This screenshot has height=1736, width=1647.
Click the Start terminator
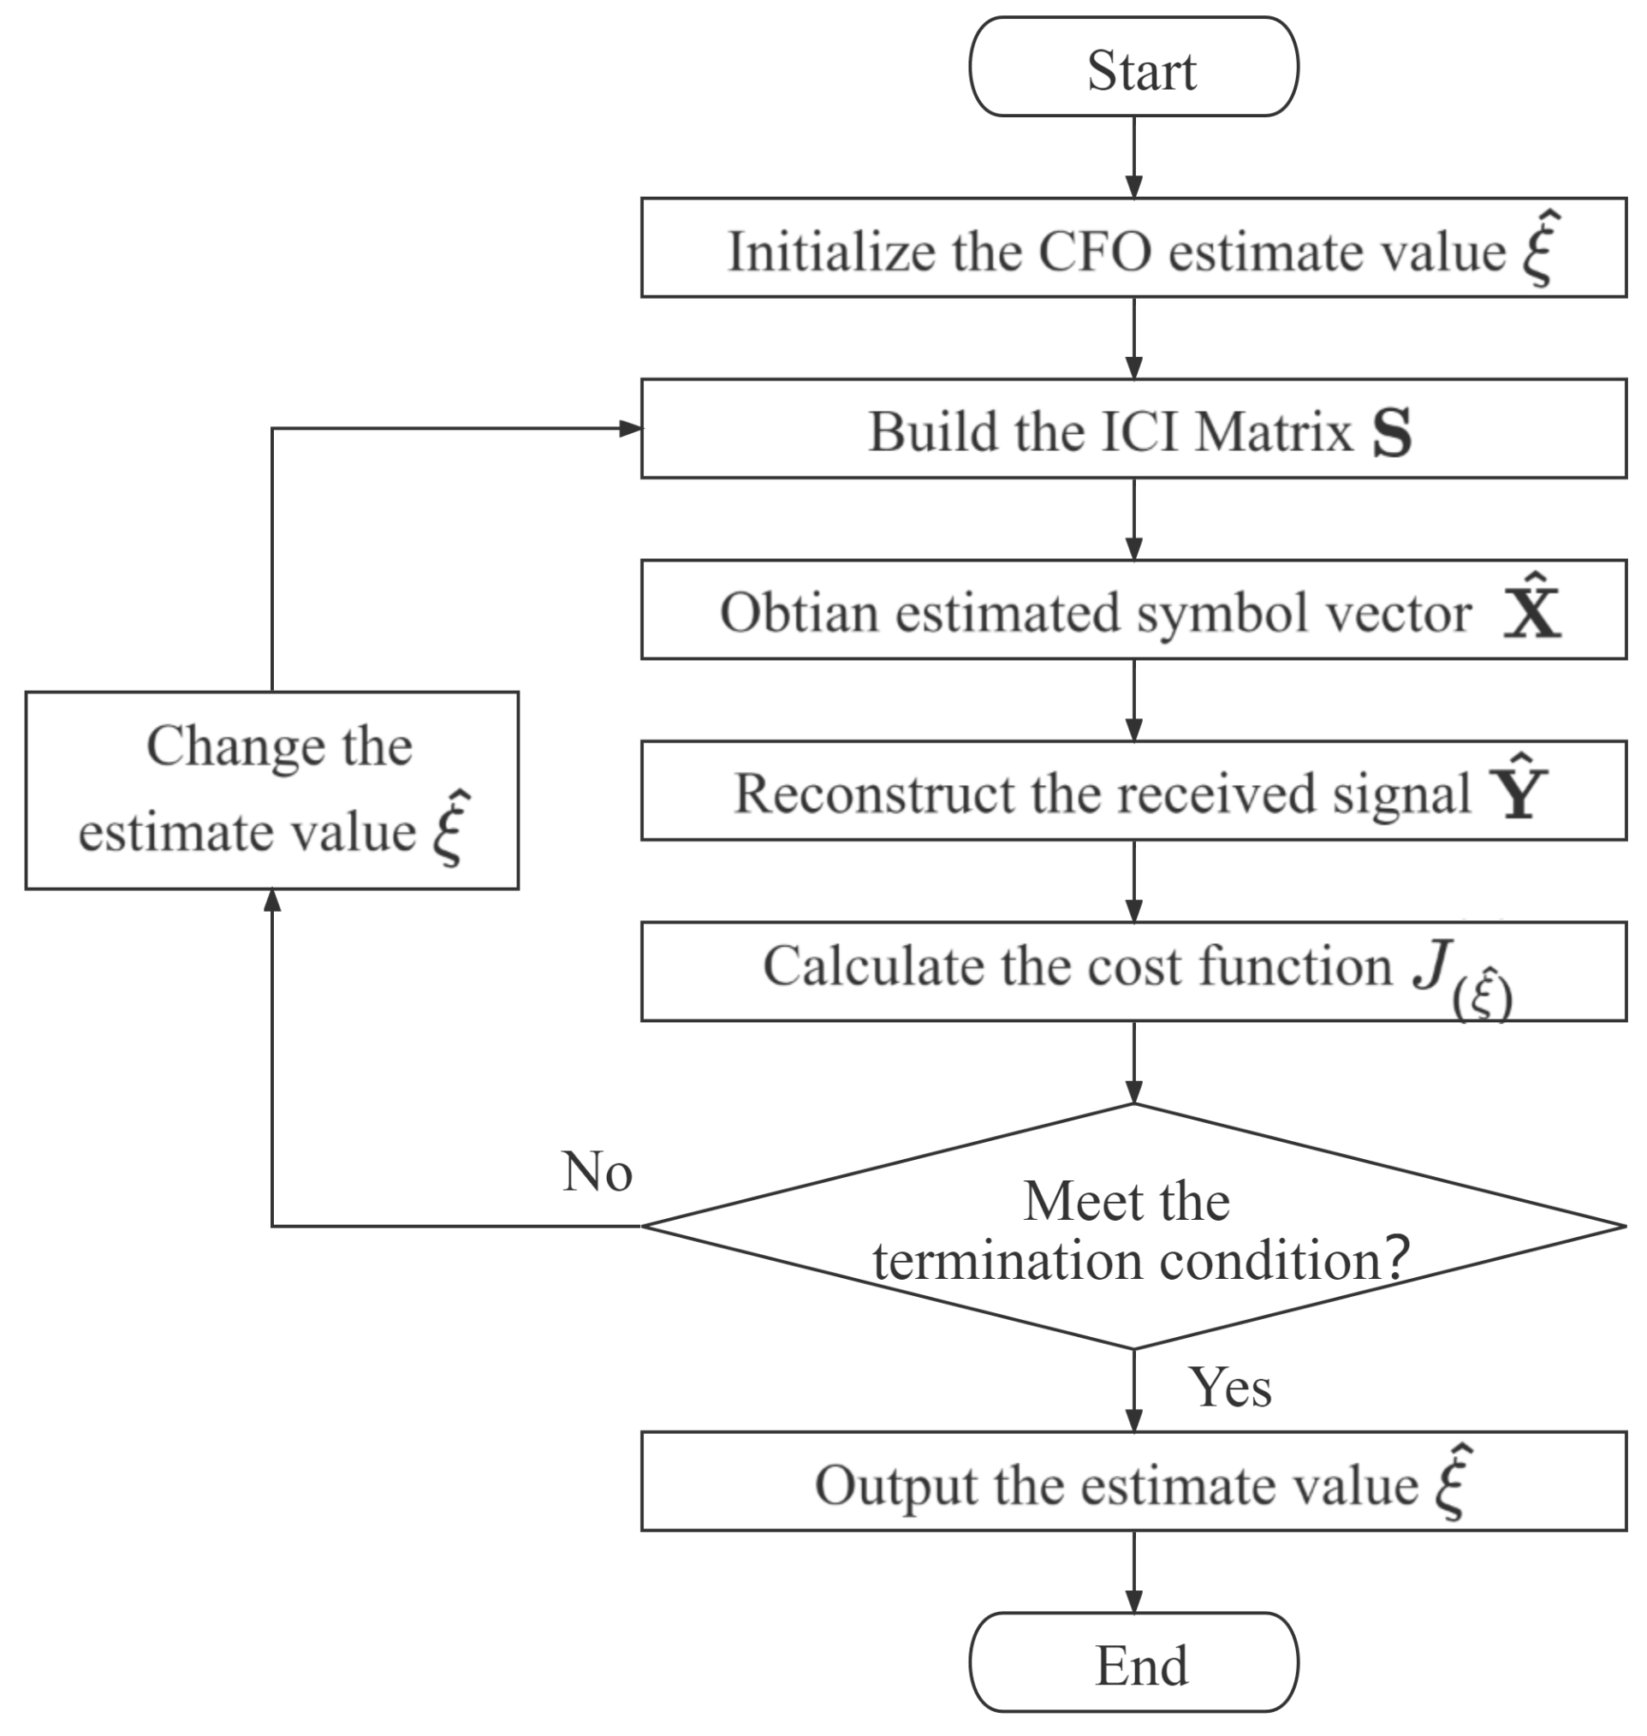point(1133,68)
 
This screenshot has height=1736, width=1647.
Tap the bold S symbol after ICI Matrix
point(1393,433)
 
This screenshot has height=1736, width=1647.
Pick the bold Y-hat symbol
point(1518,790)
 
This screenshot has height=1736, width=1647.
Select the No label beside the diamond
point(597,1172)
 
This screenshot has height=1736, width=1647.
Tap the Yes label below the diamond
point(1229,1388)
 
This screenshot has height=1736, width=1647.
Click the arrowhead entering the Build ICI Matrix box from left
point(630,429)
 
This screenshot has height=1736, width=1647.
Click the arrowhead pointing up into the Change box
point(272,900)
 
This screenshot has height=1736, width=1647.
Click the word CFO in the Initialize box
point(1094,252)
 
